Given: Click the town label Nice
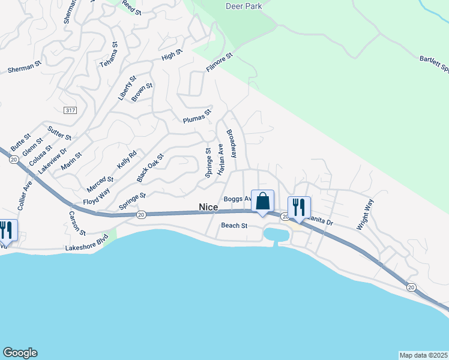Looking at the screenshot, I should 208,208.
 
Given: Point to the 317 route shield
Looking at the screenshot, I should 70,110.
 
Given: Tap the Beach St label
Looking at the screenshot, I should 234,226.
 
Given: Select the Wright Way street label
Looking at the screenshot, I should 365,214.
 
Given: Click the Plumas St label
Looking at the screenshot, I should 197,116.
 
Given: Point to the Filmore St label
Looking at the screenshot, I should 219,63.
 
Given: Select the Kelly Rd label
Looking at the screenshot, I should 127,159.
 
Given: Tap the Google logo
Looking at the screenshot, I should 20,353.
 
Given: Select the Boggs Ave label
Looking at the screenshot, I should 237,199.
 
